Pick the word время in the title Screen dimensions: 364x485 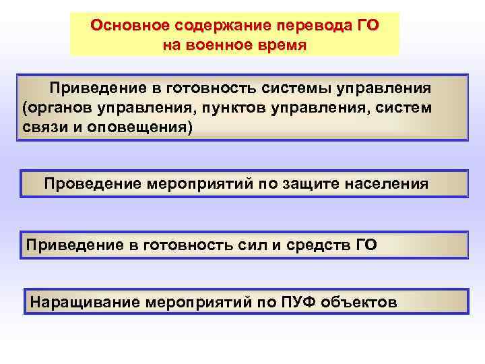281,46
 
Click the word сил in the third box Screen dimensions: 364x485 238,245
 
